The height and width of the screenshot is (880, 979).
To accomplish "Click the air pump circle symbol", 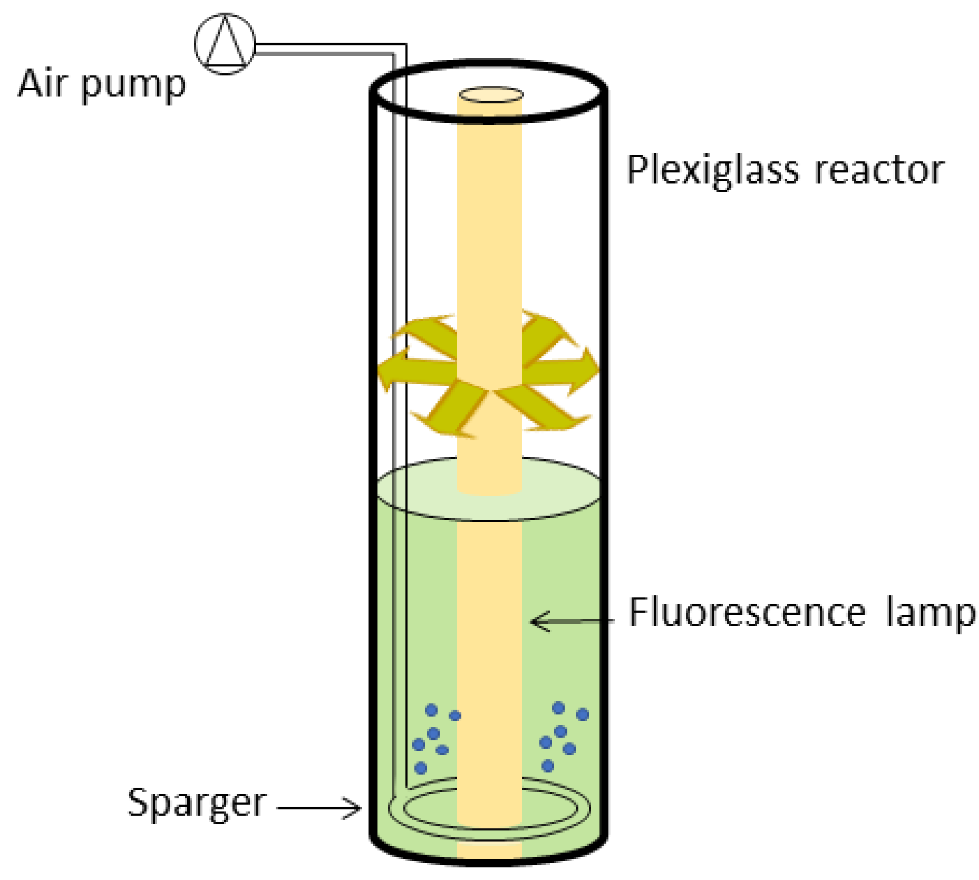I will point(225,44).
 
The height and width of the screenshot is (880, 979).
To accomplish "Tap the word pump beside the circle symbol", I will point(133,86).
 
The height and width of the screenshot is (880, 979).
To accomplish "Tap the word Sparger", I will point(197,803).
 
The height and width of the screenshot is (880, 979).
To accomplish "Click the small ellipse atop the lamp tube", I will point(491,96).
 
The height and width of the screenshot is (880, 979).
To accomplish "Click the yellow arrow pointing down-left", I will point(449,409).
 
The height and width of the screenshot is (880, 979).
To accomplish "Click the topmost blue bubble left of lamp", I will point(431,709).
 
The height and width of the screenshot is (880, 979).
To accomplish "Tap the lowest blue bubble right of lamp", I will point(548,765).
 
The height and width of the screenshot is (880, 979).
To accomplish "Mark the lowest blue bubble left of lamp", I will point(421,767).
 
